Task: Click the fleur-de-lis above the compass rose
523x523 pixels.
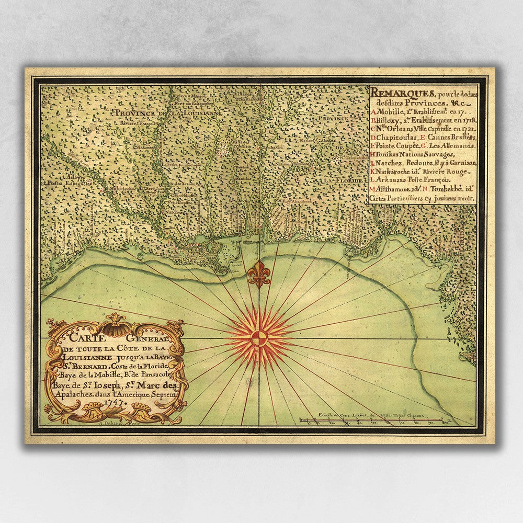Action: point(259,274)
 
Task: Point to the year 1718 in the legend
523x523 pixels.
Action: point(462,120)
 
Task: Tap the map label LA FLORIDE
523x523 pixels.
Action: point(343,180)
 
